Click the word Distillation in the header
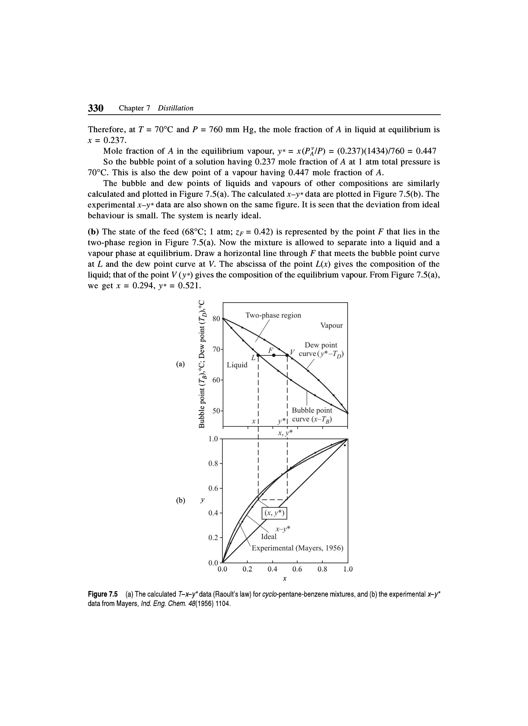pos(176,108)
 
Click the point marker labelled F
pos(274,355)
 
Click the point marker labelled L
pos(258,355)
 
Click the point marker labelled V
pos(287,355)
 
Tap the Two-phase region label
pos(273,315)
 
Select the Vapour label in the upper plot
pos(331,326)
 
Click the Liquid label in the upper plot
pos(237,365)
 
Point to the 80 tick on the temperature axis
pos(217,319)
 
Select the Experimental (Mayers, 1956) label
pos(297,548)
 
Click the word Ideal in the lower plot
pos(269,537)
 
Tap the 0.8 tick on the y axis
pos(213,464)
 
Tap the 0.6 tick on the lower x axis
pos(297,570)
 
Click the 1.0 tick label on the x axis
pos(348,570)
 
